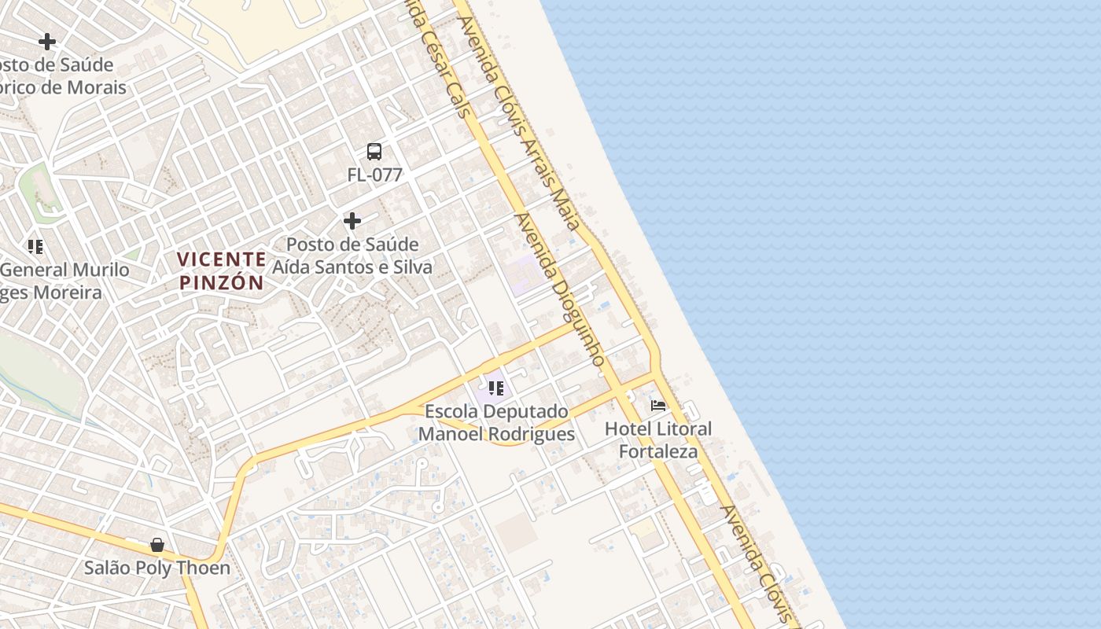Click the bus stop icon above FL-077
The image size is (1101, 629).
click(374, 152)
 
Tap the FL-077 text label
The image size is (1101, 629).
click(374, 175)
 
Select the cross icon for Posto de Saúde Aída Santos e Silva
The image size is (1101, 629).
click(352, 221)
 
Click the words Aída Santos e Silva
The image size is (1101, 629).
click(352, 267)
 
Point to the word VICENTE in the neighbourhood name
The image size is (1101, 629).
click(221, 259)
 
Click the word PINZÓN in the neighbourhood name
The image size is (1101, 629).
click(221, 282)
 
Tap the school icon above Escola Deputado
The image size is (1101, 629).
click(495, 388)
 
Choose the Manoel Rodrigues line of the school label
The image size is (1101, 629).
click(496, 434)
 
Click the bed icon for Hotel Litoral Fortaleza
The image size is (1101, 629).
click(658, 406)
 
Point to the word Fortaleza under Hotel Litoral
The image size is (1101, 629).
click(658, 451)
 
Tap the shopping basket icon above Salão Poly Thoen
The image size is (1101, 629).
click(157, 544)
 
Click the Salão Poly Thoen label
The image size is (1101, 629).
click(157, 568)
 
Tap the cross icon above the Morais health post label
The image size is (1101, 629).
click(47, 42)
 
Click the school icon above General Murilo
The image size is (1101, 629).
click(35, 247)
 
